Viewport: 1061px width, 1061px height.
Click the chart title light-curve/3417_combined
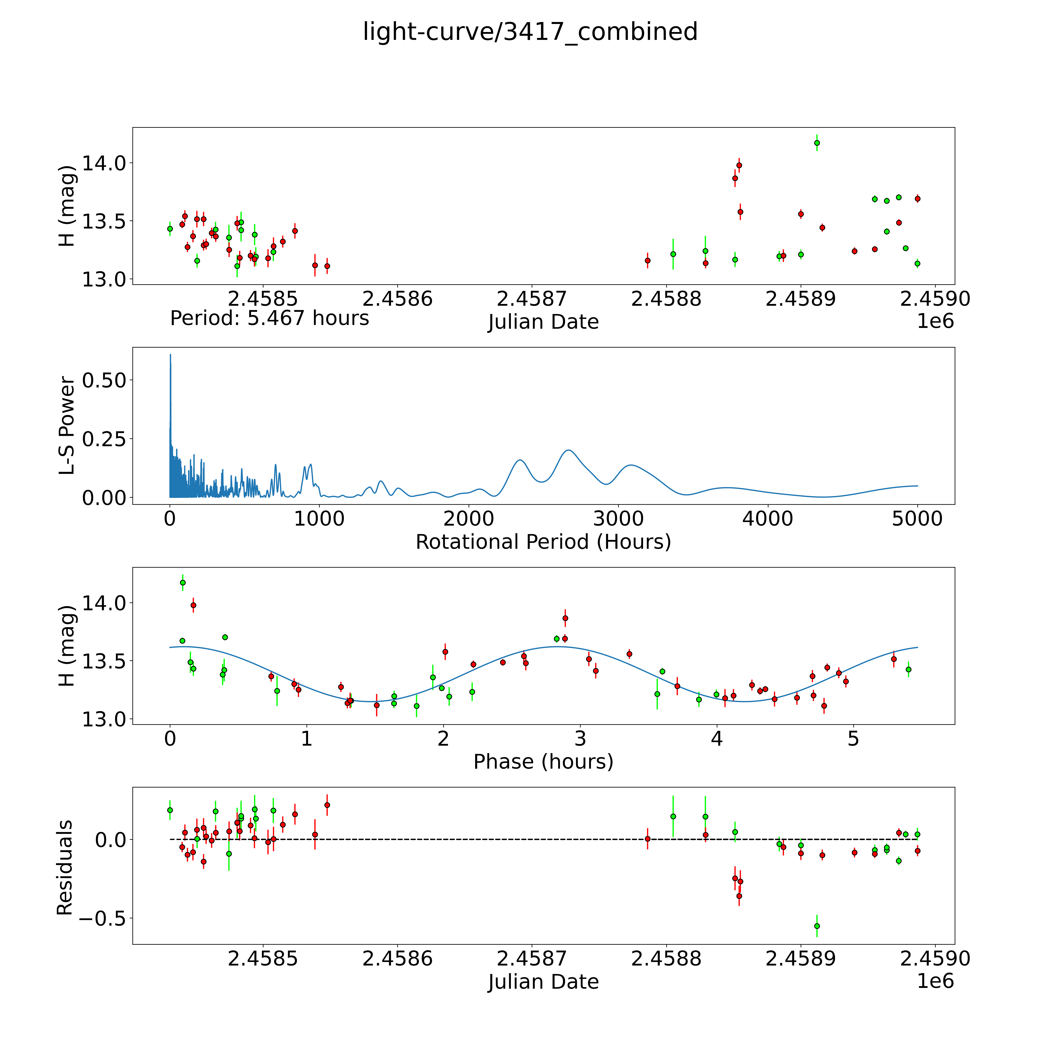(x=530, y=32)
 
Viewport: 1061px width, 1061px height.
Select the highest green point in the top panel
(x=817, y=143)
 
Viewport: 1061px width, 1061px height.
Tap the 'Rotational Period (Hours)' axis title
(x=543, y=542)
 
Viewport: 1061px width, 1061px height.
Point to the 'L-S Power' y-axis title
(x=66, y=426)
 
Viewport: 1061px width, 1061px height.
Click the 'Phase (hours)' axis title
(x=543, y=762)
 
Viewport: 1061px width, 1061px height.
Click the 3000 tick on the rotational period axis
(x=618, y=519)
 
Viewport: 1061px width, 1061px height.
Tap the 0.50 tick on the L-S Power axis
(x=104, y=380)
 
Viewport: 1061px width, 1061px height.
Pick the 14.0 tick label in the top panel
(x=104, y=163)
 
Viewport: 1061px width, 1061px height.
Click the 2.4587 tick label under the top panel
(x=532, y=299)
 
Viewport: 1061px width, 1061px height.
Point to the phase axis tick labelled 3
(x=580, y=739)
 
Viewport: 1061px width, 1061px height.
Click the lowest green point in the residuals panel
(x=817, y=926)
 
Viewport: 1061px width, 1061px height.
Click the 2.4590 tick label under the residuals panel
(x=935, y=959)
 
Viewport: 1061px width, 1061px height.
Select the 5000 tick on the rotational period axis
(x=917, y=519)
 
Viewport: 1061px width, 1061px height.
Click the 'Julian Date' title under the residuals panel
(x=543, y=982)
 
